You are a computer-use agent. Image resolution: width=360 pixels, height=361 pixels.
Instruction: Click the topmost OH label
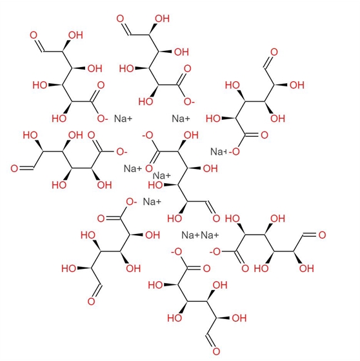click(163, 19)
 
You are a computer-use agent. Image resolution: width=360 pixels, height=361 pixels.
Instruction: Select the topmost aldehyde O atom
click(120, 19)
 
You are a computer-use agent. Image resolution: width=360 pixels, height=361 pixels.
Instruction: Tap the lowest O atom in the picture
click(216, 351)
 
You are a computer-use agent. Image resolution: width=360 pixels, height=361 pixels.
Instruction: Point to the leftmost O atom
click(14, 168)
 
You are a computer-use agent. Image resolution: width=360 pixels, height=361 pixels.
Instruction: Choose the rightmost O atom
click(322, 235)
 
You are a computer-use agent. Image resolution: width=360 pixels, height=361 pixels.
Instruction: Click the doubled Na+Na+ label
click(200, 235)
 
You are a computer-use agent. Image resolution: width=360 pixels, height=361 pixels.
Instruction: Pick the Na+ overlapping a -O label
click(219, 151)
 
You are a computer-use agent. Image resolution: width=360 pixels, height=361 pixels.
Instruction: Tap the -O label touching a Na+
click(234, 151)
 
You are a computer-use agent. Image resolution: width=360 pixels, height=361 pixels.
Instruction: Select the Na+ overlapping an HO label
click(162, 176)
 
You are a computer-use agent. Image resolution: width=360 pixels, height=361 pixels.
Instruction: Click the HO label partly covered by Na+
click(155, 184)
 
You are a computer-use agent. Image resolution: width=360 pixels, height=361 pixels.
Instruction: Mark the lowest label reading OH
click(239, 318)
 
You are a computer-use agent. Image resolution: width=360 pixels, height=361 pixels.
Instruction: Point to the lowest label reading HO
click(175, 318)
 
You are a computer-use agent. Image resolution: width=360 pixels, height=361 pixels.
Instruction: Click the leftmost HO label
click(30, 135)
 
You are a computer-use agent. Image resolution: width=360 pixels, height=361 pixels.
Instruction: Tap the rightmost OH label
click(306, 268)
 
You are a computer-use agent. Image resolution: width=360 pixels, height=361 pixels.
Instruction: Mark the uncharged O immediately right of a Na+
click(149, 168)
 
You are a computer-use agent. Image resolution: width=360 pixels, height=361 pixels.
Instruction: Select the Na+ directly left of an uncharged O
click(133, 168)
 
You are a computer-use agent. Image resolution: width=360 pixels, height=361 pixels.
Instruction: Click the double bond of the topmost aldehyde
click(126, 29)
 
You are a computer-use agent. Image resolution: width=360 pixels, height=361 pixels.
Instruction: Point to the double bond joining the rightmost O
click(310, 235)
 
